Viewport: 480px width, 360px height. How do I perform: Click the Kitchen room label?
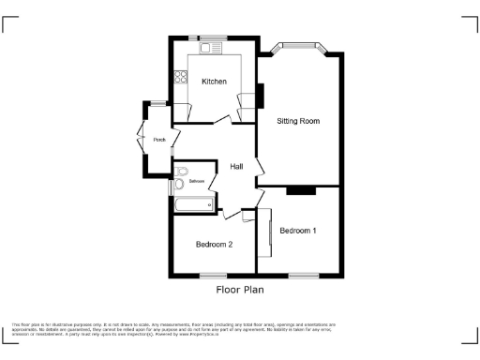point(214,82)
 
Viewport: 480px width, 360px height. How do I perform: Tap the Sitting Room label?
point(298,122)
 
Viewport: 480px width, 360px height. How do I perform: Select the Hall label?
point(237,167)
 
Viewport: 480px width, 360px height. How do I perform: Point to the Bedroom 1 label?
point(297,231)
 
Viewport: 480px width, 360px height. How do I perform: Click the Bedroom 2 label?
point(214,244)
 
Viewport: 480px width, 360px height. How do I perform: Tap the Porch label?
point(160,141)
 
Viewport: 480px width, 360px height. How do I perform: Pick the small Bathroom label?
point(196,180)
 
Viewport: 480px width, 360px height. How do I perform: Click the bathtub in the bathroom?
point(193,203)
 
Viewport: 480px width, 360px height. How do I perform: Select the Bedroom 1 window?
point(303,276)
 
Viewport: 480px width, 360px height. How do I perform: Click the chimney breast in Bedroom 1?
point(300,190)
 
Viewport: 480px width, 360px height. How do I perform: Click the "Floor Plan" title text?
point(240,291)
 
